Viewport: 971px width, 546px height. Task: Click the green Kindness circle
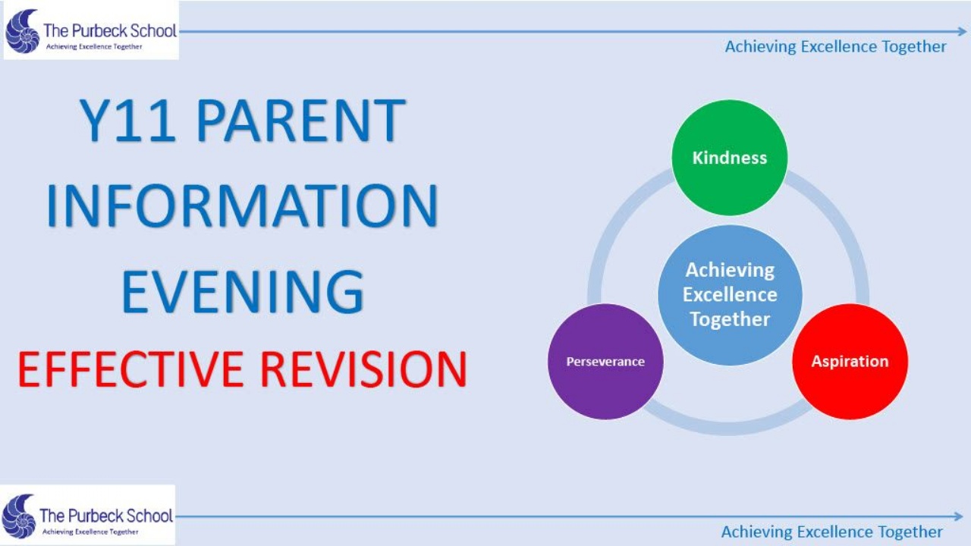click(730, 158)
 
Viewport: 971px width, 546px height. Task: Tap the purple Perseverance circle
click(605, 362)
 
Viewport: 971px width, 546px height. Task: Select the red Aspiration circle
click(850, 362)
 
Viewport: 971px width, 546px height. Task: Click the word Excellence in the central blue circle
click(730, 295)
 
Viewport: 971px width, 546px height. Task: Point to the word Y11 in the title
click(128, 121)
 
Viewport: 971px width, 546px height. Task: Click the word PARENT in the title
click(302, 121)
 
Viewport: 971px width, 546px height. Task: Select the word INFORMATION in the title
click(242, 206)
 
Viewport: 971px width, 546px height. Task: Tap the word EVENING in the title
click(243, 290)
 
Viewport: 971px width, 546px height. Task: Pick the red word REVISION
click(363, 369)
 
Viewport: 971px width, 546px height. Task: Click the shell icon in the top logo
click(23, 31)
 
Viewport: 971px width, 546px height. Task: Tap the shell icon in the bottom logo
click(19, 516)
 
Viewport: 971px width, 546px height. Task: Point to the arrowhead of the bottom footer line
click(959, 516)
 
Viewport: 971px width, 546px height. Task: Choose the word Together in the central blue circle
click(730, 320)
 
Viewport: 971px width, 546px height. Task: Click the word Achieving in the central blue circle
click(730, 271)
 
